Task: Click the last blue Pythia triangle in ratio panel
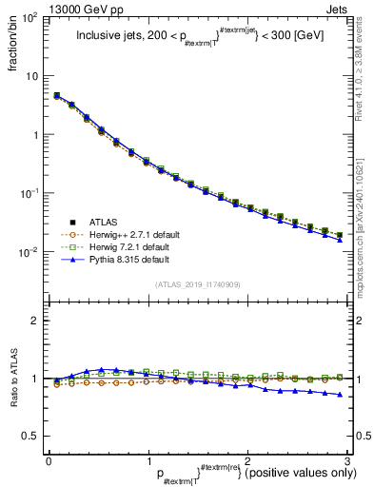[340, 395]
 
